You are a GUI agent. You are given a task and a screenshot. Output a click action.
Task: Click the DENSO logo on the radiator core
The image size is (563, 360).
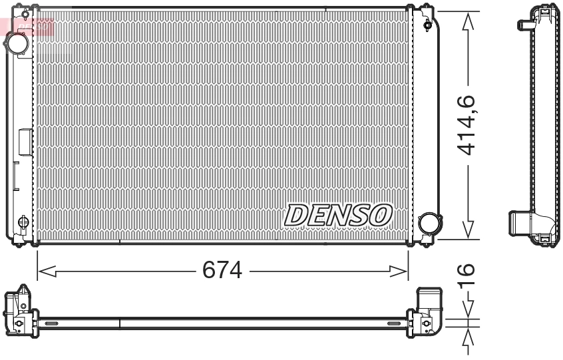[338, 214]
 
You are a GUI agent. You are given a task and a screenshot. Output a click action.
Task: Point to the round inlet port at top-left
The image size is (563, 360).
[16, 44]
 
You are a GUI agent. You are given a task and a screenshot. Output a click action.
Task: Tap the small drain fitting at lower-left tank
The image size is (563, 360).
[23, 222]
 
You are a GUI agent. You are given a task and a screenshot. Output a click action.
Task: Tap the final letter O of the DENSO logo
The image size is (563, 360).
[381, 214]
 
